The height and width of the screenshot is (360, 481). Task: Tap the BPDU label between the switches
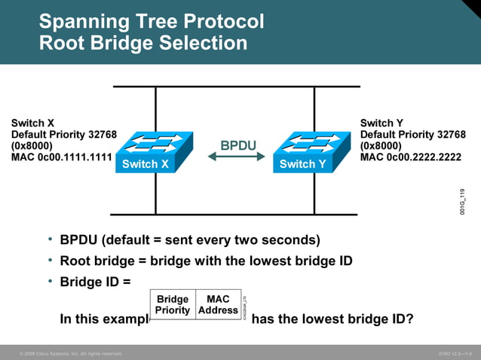[237, 145]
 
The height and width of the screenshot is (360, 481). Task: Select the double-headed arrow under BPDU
[237, 157]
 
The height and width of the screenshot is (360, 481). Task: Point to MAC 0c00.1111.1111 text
[62, 158]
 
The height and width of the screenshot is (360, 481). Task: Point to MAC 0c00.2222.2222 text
[411, 158]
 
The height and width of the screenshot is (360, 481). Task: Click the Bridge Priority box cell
[173, 304]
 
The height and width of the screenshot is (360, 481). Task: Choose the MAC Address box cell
[218, 304]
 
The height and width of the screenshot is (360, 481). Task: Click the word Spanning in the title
[78, 21]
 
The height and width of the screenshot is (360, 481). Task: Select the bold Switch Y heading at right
[381, 123]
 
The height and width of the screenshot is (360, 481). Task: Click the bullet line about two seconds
[190, 240]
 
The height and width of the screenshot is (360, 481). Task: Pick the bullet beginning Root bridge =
[206, 261]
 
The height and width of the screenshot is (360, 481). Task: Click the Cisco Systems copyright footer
[71, 353]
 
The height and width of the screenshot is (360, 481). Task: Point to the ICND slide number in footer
[455, 353]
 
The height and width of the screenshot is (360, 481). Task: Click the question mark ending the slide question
[409, 319]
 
